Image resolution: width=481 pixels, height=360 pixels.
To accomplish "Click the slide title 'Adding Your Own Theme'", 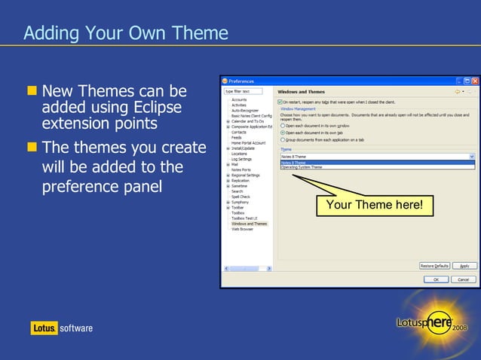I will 125,33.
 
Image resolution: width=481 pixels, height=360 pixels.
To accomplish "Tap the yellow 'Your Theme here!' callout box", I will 374,205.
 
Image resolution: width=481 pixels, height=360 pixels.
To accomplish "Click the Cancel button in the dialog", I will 463,279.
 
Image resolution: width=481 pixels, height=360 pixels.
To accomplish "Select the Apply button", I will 464,266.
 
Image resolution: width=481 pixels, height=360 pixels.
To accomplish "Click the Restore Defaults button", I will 434,266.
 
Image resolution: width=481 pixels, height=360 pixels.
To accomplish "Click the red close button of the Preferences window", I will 474,81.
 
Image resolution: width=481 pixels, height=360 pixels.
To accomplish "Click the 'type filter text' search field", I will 243,91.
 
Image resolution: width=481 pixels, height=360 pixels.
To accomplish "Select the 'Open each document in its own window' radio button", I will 283,126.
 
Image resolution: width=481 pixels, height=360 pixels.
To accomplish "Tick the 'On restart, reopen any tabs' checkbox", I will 280,102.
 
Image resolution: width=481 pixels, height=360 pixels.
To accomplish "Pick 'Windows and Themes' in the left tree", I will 249,224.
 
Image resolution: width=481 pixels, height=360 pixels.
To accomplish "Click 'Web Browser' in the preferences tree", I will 242,229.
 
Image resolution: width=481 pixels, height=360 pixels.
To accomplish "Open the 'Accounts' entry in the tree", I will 239,99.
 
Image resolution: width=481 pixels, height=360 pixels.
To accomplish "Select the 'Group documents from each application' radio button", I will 283,139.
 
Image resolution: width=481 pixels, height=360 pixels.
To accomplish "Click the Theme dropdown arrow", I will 472,156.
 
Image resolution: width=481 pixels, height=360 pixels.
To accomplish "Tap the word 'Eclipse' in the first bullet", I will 155,108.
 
